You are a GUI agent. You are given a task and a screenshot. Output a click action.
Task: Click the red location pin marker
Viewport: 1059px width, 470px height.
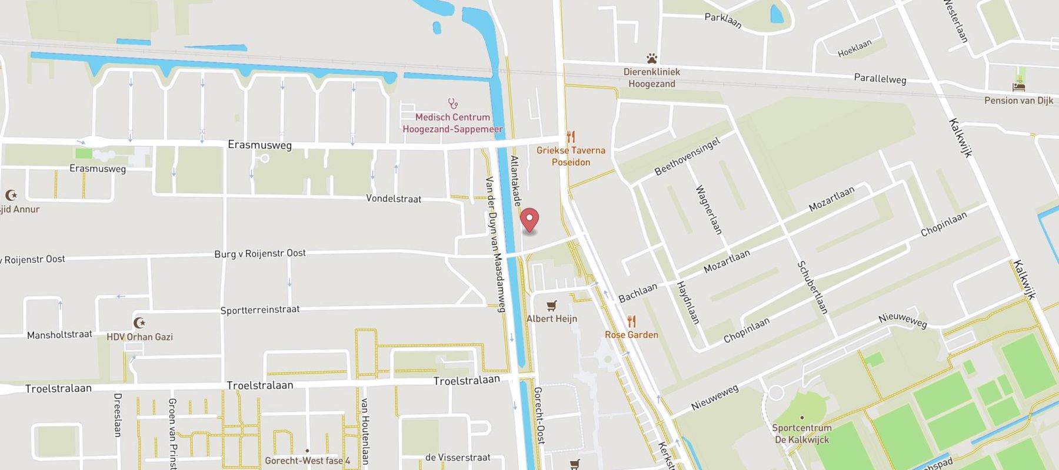coord(530,220)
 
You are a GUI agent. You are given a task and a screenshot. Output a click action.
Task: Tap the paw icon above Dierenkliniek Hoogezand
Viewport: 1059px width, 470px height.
coord(651,59)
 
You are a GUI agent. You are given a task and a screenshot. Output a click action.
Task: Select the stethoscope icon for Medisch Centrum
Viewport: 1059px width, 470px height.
coord(452,104)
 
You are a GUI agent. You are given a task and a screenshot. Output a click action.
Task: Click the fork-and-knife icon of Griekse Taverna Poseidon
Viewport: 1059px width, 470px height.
coord(570,137)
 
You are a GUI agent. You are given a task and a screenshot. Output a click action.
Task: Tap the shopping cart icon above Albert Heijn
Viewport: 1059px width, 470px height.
coord(551,305)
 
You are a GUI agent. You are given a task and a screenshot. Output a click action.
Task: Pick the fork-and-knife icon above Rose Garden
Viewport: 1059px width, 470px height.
coord(631,321)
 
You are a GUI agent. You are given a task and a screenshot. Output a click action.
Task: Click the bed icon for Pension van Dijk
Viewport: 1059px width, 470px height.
coord(1019,86)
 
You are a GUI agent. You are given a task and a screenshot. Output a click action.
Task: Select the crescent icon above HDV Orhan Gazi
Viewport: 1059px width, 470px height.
coord(139,323)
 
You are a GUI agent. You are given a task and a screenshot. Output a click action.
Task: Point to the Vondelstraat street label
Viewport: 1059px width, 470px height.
coord(394,199)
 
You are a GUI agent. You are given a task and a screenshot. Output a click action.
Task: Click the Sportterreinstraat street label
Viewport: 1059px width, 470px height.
coord(260,310)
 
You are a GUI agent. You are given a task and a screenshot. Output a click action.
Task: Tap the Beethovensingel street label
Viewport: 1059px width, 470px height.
coord(687,156)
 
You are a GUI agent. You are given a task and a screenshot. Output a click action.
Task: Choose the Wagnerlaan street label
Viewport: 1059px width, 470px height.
coord(708,210)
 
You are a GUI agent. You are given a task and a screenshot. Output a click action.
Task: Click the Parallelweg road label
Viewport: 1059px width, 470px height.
coord(880,79)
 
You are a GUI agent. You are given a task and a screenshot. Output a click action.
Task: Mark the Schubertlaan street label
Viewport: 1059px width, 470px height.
coord(812,287)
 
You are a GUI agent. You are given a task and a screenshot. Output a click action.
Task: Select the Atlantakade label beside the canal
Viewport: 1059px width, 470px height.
coord(515,180)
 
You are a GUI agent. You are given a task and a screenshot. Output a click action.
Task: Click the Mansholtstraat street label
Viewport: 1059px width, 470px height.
coord(59,335)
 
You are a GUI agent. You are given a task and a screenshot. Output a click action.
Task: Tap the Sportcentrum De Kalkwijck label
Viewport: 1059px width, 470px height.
coord(801,434)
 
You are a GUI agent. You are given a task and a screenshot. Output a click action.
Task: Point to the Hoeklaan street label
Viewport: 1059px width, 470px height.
coord(854,48)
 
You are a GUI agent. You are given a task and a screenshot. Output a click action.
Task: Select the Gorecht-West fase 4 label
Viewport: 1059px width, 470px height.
coord(307,461)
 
